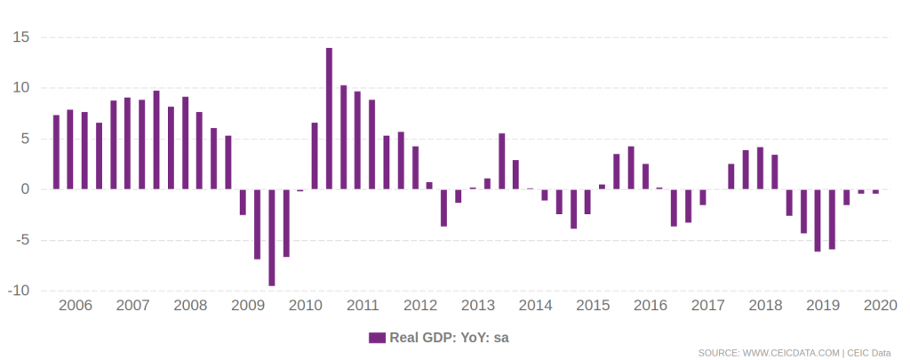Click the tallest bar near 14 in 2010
point(329,118)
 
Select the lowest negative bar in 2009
point(271,237)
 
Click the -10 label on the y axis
point(20,291)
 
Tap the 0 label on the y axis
point(26,189)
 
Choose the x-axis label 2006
point(75,306)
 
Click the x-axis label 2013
point(478,306)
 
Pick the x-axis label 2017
point(708,306)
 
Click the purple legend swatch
point(377,338)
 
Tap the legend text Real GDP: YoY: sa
point(449,338)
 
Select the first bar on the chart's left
point(56,152)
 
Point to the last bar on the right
point(875,191)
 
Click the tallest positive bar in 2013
point(501,161)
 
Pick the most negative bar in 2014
point(573,209)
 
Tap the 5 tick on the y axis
point(26,139)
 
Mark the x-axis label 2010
point(306,306)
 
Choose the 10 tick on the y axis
point(21,88)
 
